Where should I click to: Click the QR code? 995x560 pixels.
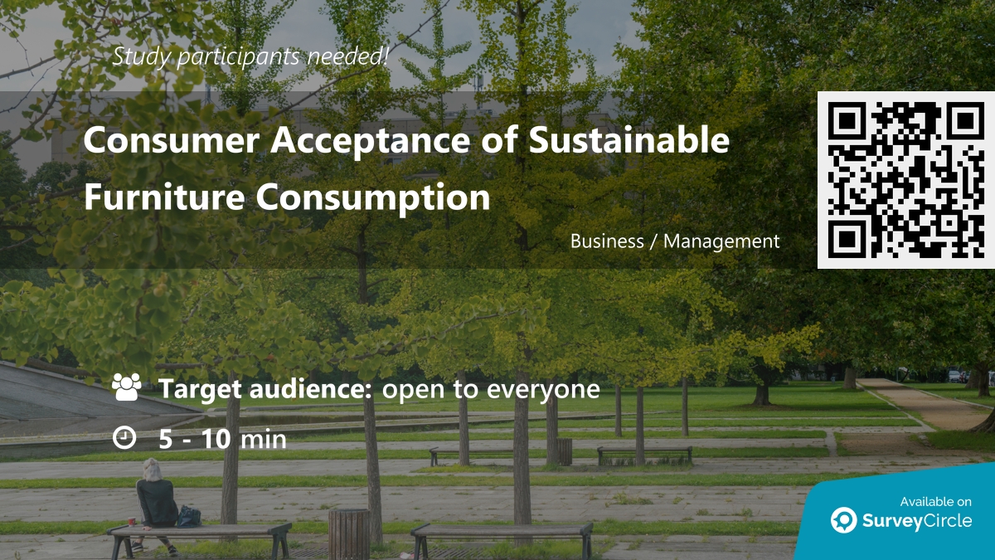(x=906, y=180)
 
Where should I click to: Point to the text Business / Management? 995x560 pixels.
(x=675, y=241)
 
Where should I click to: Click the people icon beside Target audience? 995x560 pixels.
(x=126, y=387)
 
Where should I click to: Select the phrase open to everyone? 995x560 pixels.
(x=490, y=388)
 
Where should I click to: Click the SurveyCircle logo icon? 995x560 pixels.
(x=843, y=520)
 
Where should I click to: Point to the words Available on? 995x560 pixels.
(x=935, y=501)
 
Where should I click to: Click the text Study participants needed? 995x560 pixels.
(x=250, y=57)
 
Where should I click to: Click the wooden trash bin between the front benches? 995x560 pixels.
(x=349, y=532)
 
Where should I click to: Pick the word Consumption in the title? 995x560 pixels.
(x=373, y=197)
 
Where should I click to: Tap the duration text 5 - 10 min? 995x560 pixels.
(x=222, y=439)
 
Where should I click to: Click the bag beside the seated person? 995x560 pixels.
(x=189, y=516)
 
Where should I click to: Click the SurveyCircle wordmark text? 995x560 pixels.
(x=917, y=521)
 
